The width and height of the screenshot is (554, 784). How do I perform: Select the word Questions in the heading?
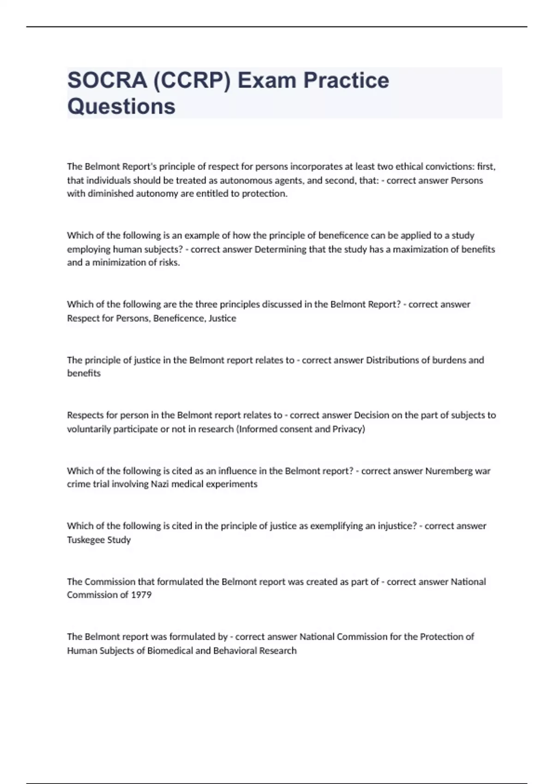coord(121,106)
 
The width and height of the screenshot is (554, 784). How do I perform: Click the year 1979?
coord(141,595)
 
